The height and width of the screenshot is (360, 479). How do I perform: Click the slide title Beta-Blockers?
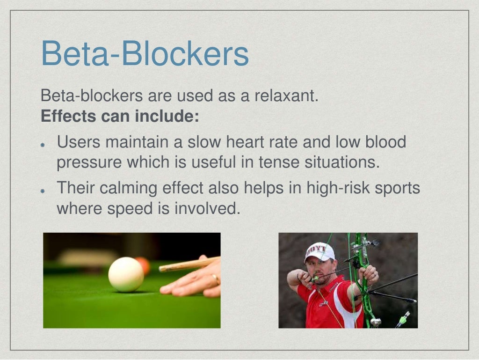click(x=145, y=54)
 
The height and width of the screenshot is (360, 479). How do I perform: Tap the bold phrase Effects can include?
click(x=120, y=116)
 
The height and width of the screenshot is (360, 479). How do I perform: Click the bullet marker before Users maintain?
click(x=43, y=144)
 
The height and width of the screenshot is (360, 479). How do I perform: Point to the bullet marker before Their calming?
click(x=43, y=191)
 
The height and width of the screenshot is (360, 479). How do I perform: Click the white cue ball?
click(x=126, y=274)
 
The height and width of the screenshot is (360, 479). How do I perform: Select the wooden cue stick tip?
click(x=161, y=269)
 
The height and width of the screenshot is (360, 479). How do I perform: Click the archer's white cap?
click(x=320, y=252)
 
